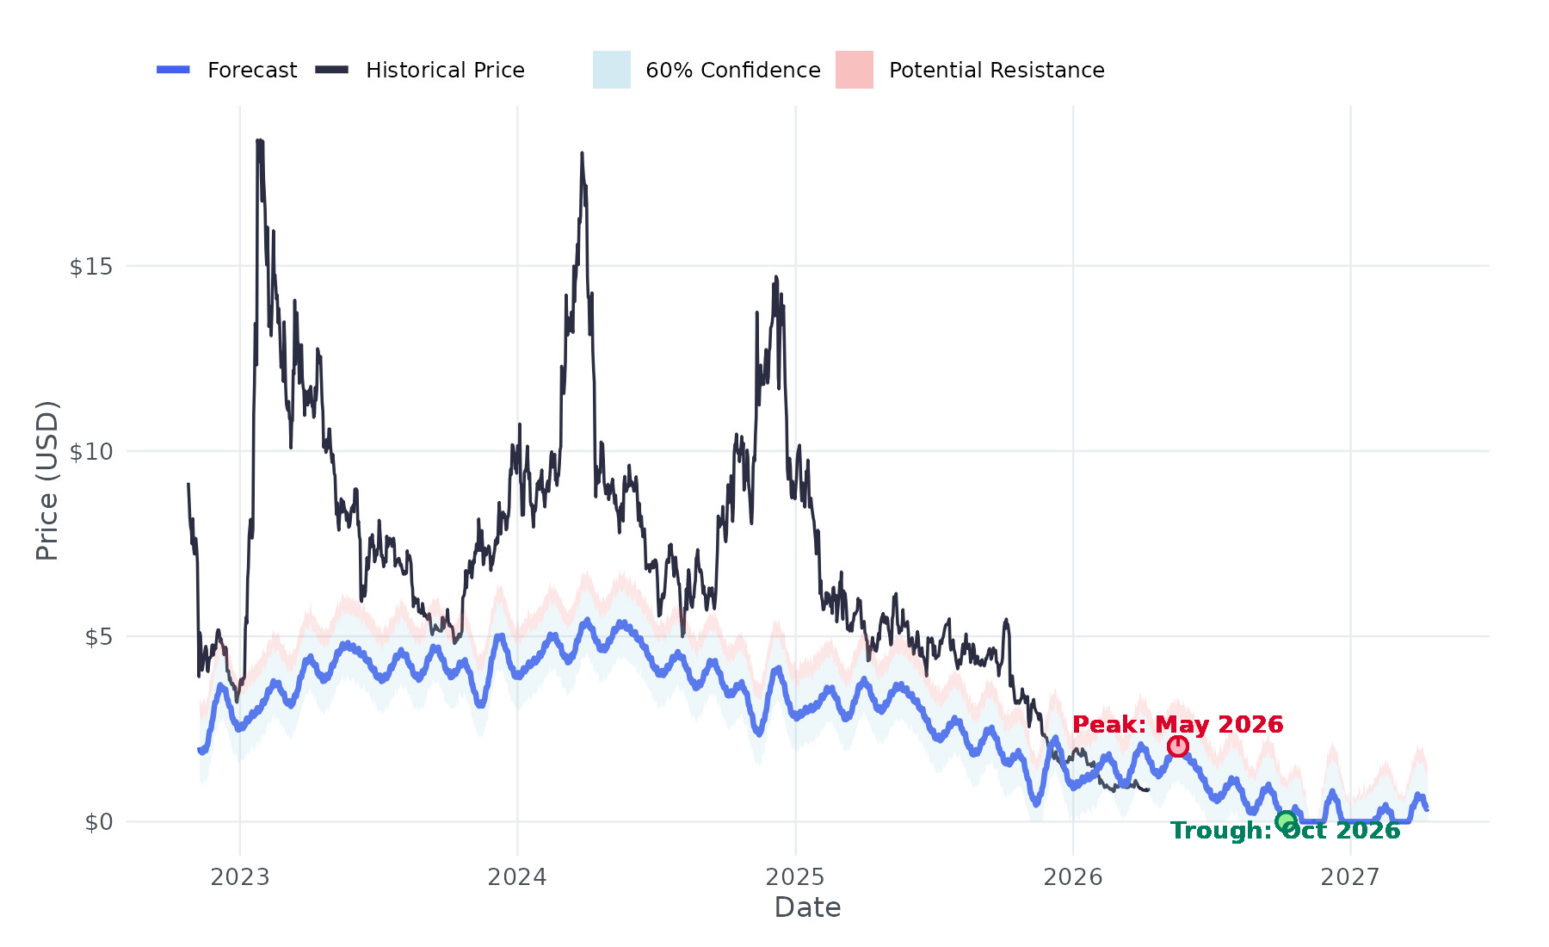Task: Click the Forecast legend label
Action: point(251,70)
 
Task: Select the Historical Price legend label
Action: point(445,70)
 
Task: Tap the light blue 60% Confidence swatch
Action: point(611,70)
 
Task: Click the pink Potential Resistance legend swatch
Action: point(854,70)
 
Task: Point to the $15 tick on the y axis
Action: point(91,267)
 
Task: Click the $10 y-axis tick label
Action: point(91,452)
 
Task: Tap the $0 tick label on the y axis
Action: point(99,822)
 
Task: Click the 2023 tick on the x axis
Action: point(240,877)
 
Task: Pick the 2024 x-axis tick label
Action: point(517,877)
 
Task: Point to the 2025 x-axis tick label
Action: point(795,877)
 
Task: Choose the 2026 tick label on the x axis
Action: point(1072,877)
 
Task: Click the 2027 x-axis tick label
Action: point(1350,877)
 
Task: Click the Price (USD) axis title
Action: point(47,480)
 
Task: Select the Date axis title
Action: point(807,907)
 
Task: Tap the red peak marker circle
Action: point(1177,746)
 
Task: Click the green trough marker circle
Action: point(1286,821)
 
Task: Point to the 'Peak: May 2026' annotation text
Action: point(1177,725)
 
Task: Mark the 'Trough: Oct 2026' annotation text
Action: point(1285,831)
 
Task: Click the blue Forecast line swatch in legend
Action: point(173,70)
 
